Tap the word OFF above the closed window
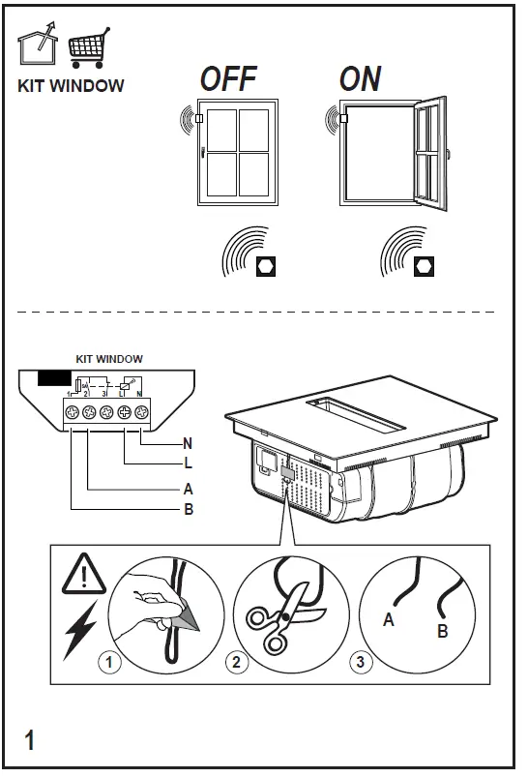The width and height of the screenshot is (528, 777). (x=226, y=79)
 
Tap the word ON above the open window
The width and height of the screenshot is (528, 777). (x=360, y=79)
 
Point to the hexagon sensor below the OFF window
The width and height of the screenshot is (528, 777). (x=264, y=265)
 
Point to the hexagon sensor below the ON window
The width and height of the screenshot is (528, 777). (x=423, y=265)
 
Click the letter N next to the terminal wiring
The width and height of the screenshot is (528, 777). (x=189, y=444)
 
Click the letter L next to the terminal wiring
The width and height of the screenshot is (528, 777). (x=189, y=464)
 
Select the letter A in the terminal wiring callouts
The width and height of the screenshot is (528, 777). (x=189, y=489)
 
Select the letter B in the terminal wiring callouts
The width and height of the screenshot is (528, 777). (x=189, y=509)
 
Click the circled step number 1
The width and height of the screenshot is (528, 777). (x=113, y=663)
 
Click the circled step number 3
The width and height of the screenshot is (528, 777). (x=360, y=663)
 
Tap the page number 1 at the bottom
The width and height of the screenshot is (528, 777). (x=30, y=742)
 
